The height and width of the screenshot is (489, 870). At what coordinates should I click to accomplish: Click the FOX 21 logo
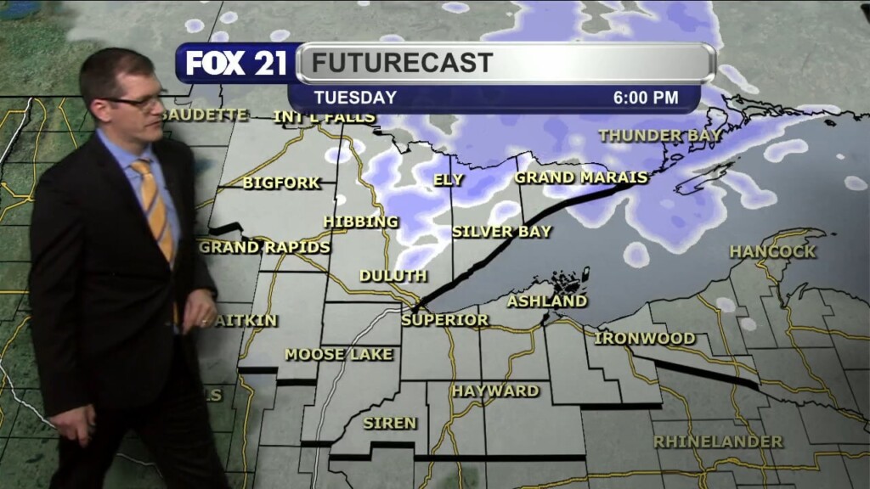[x=236, y=63]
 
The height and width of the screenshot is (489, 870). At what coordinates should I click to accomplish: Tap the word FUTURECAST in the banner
[x=401, y=63]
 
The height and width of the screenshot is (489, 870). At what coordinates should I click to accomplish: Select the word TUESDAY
[x=355, y=98]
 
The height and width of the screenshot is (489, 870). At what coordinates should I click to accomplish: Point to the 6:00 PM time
[x=646, y=98]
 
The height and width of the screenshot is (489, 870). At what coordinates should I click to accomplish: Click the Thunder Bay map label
[x=660, y=135]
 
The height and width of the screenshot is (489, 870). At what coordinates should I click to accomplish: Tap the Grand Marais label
[x=581, y=177]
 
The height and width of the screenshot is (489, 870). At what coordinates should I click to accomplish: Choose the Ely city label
[x=449, y=179]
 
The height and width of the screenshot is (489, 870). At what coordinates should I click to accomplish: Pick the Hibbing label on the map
[x=360, y=222]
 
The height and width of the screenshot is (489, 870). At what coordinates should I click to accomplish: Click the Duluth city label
[x=393, y=276]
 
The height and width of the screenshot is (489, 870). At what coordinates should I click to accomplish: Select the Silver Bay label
[x=501, y=231]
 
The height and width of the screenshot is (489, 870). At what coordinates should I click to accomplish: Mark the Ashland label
[x=547, y=301]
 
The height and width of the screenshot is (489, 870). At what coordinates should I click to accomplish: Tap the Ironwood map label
[x=645, y=338]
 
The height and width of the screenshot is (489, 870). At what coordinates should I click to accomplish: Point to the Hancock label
[x=772, y=251]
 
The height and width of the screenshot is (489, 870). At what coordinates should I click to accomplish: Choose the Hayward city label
[x=495, y=391]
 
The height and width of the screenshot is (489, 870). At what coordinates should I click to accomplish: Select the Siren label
[x=390, y=423]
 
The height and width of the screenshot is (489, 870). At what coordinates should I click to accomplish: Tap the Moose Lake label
[x=339, y=354]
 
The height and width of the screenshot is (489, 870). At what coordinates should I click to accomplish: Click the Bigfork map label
[x=281, y=183]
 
